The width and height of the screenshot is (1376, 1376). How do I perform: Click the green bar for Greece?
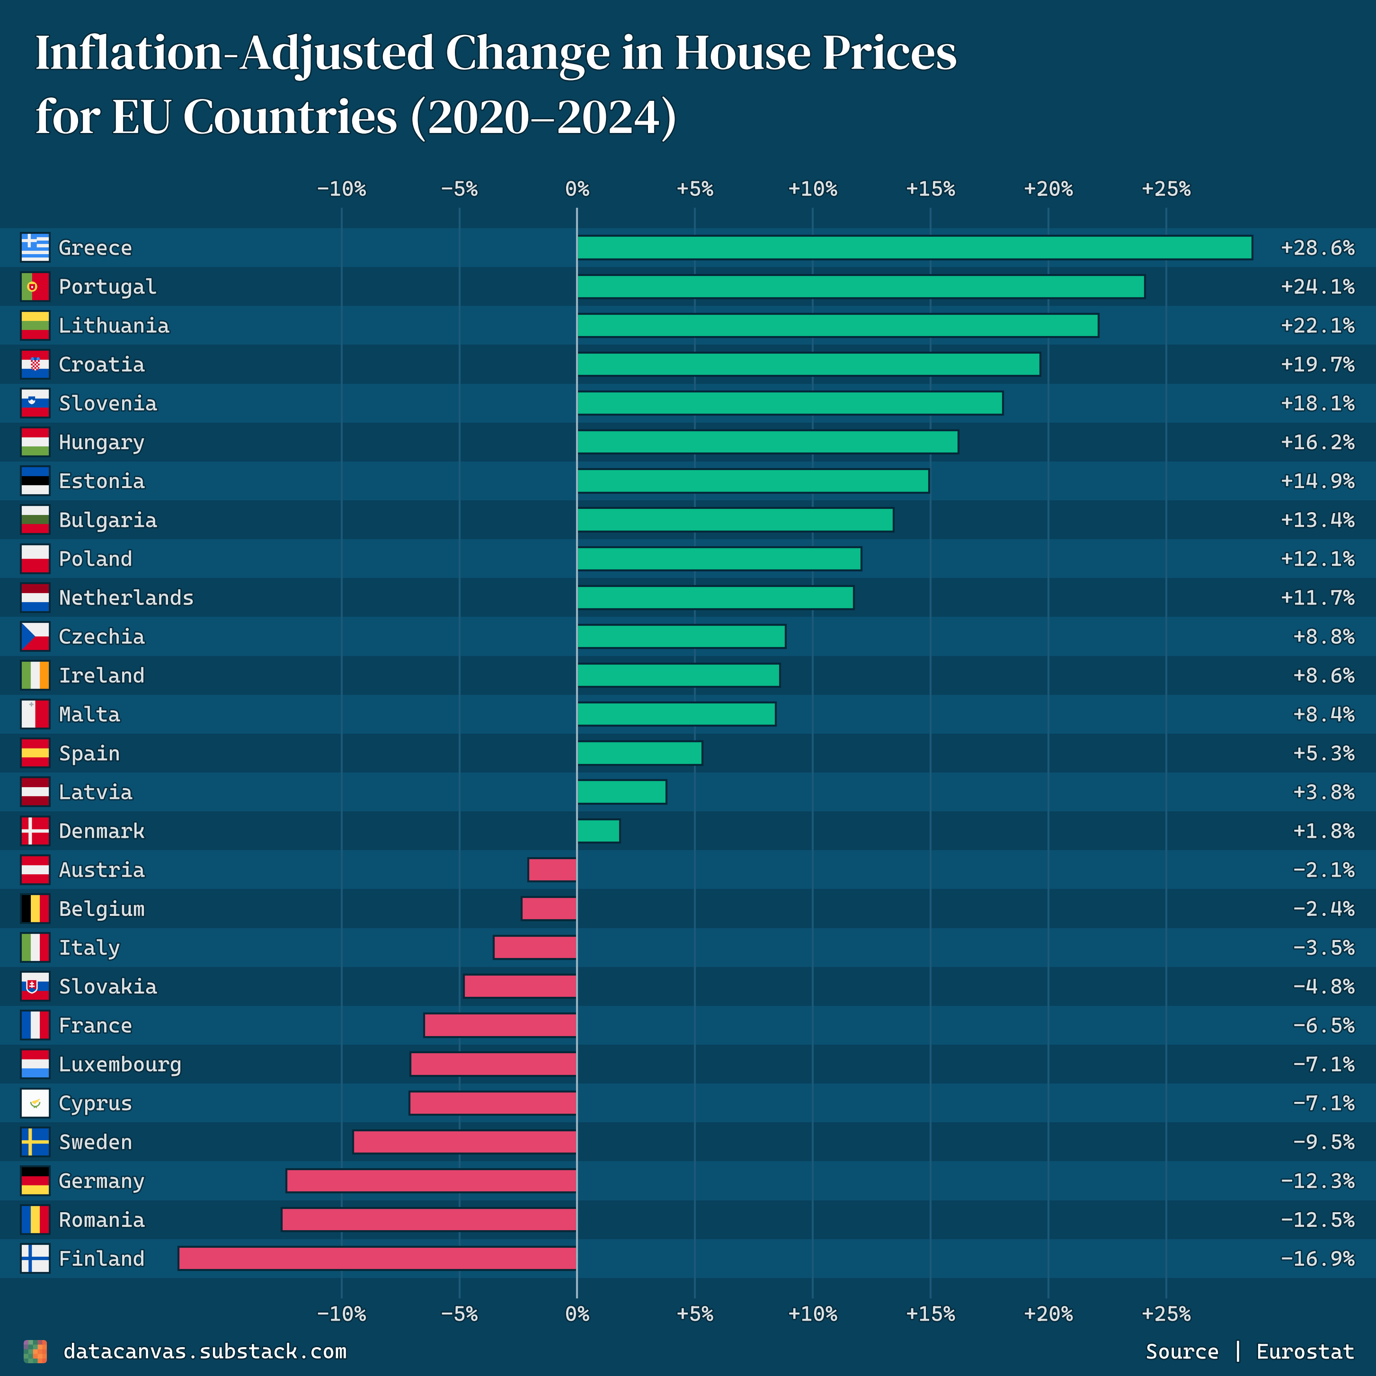point(914,247)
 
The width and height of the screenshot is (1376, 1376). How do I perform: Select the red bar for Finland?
point(377,1259)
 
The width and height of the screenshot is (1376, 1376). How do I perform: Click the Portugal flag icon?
point(35,286)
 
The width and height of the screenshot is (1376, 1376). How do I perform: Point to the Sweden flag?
point(35,1142)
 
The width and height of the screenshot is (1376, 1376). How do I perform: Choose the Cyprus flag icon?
point(35,1103)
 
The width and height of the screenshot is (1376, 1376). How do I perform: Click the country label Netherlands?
point(126,597)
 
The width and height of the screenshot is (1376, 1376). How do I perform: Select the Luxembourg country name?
point(120,1064)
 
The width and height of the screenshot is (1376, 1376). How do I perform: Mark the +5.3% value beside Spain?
point(1323,753)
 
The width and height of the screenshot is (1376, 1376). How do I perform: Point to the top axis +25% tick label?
point(1166,189)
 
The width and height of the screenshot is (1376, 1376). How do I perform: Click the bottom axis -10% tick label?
point(341,1314)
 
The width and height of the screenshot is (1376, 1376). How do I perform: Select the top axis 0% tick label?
point(577,189)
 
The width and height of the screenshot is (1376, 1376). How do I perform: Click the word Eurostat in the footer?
point(1305,1351)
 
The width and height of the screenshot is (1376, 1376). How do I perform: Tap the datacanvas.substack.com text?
point(204,1351)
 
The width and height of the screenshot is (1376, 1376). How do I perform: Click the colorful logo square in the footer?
point(35,1351)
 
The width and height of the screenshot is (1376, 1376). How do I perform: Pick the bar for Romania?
point(429,1219)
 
